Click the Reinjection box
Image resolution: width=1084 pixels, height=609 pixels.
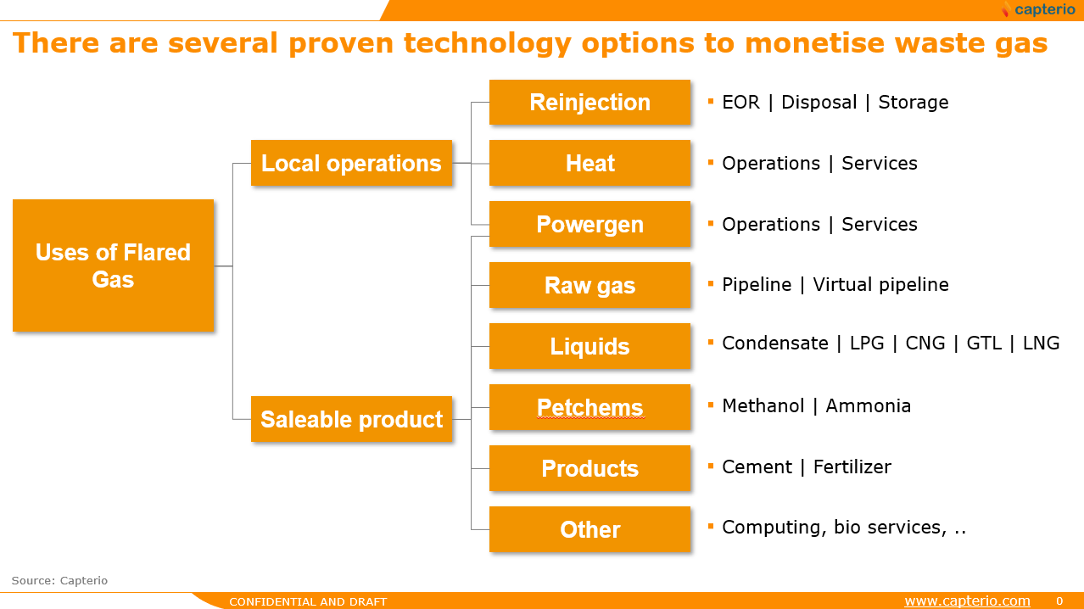tap(589, 102)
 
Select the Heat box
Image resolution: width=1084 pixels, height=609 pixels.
tap(589, 163)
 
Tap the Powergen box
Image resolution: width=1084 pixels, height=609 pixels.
tap(589, 224)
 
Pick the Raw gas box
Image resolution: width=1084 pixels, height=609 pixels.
tap(589, 285)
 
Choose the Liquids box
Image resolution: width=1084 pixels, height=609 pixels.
tap(589, 346)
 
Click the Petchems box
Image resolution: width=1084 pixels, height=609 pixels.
tap(589, 407)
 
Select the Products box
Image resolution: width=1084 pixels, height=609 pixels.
tap(589, 468)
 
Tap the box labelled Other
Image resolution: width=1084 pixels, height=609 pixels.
tap(589, 529)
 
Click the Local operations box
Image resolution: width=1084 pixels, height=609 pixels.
tap(351, 163)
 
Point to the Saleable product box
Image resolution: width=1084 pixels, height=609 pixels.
tap(351, 419)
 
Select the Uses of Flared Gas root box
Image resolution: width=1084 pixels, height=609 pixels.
tap(114, 265)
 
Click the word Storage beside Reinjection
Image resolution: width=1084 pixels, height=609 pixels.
tap(914, 103)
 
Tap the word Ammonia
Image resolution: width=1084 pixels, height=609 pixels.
tap(869, 406)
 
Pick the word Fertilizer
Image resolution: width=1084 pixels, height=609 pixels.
tap(852, 467)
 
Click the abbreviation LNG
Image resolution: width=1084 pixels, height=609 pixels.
tap(1041, 344)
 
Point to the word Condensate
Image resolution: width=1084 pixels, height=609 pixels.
tap(775, 344)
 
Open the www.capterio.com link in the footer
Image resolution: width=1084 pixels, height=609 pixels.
tap(967, 601)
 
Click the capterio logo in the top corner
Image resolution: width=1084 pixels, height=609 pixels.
tap(1038, 9)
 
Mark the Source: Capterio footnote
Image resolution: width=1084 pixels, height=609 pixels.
tap(59, 580)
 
